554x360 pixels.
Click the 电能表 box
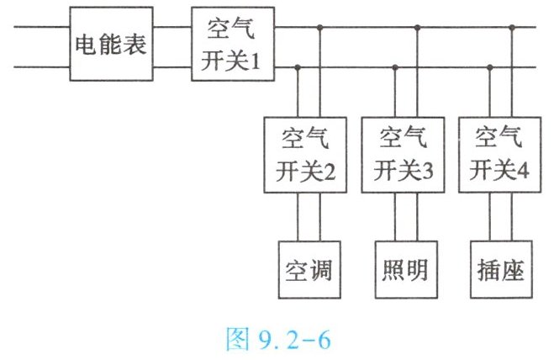tap(111, 44)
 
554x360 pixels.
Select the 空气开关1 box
tap(233, 44)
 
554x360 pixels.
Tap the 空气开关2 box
tap(305, 155)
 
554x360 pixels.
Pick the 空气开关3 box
tap(403, 155)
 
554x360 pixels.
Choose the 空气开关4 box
tap(500, 155)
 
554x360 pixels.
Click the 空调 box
tap(309, 270)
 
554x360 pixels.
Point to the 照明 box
tap(406, 270)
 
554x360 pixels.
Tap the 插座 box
tap(501, 270)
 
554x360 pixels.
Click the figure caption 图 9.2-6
tap(278, 339)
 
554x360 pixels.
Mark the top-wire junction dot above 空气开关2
tap(320, 27)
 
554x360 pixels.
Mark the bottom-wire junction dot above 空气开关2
tap(298, 67)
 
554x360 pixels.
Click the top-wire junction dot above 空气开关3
tap(417, 27)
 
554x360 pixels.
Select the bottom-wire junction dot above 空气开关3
tap(395, 67)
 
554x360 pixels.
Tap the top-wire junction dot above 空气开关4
tap(512, 27)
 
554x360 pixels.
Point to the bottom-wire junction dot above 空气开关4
tap(490, 67)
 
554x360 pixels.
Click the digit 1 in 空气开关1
tap(256, 61)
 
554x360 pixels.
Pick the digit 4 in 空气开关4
tap(523, 171)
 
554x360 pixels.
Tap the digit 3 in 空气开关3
tap(427, 172)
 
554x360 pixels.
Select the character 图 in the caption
tap(237, 339)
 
